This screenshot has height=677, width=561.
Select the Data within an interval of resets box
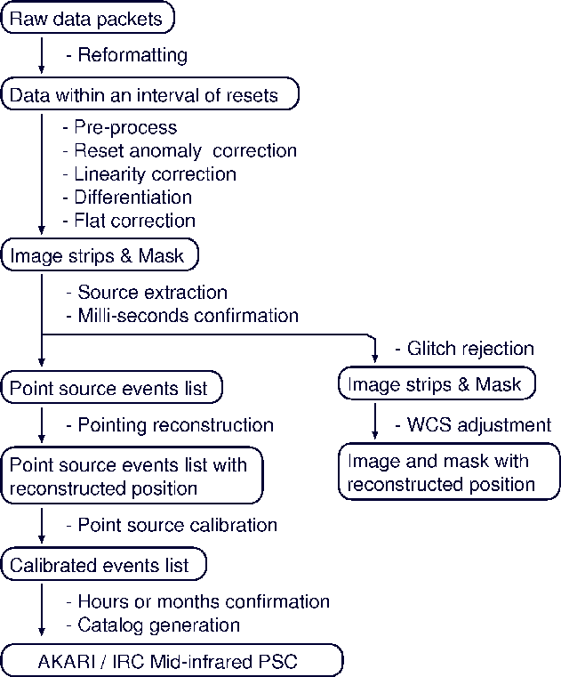pyautogui.click(x=150, y=94)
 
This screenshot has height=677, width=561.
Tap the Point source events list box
pyautogui.click(x=111, y=388)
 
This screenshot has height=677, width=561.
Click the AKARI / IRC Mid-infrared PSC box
pyautogui.click(x=172, y=662)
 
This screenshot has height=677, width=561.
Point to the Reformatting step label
pyautogui.click(x=128, y=55)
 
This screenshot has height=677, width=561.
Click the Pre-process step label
pyautogui.click(x=120, y=128)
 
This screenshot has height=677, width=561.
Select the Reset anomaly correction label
pyautogui.click(x=180, y=150)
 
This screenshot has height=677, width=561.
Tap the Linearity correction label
pyautogui.click(x=149, y=173)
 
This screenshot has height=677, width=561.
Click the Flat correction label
pyautogui.click(x=129, y=220)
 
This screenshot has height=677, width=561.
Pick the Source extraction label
pyautogui.click(x=147, y=292)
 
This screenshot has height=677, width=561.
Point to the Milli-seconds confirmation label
pyautogui.click(x=182, y=315)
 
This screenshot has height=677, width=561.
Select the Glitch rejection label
pyautogui.click(x=464, y=348)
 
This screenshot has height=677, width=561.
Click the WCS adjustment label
pyautogui.click(x=473, y=424)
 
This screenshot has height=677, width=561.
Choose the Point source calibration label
pyautogui.click(x=172, y=525)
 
